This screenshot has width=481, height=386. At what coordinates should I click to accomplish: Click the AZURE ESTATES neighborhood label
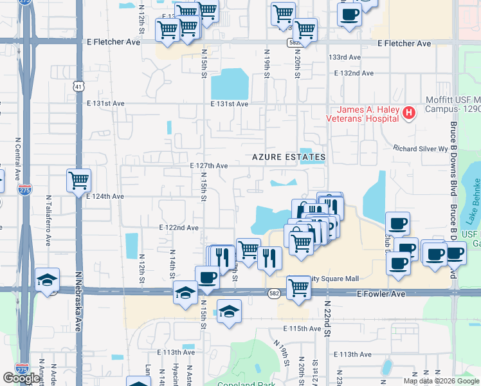click(x=289, y=157)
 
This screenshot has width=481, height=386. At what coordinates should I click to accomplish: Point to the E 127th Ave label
click(x=209, y=165)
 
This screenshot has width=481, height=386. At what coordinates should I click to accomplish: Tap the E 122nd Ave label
click(x=179, y=228)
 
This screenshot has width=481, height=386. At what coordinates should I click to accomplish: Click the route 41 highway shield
click(x=78, y=86)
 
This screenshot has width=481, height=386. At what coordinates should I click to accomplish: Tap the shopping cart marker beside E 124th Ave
click(x=78, y=180)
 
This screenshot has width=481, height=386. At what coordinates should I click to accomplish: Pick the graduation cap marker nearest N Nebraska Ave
click(x=48, y=280)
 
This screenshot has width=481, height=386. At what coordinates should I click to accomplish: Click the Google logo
click(x=21, y=378)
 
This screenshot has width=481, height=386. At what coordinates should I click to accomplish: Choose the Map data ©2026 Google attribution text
click(x=441, y=381)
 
